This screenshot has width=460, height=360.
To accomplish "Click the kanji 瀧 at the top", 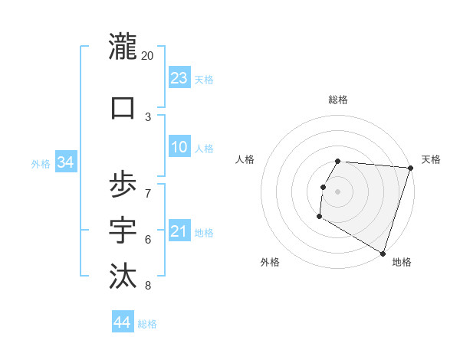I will [x=123, y=47].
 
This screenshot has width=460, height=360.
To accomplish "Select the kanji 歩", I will [x=123, y=185].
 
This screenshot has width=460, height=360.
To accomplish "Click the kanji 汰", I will [x=123, y=275].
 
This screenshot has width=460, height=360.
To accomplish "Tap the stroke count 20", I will [x=148, y=56].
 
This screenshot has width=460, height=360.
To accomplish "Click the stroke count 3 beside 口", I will [x=148, y=116].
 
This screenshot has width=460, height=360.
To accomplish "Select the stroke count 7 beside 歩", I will [x=148, y=191].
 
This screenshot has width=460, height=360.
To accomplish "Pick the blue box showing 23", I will [x=179, y=78].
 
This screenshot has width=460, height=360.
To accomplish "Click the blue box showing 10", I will [x=179, y=147].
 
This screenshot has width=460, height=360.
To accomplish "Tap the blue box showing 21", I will [x=179, y=231].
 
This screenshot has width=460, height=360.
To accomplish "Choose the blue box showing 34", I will [x=65, y=162].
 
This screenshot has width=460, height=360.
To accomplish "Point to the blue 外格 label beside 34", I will [x=41, y=163].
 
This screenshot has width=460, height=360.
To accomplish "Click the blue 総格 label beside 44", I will [x=147, y=324].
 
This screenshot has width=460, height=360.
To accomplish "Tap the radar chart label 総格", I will [x=337, y=100].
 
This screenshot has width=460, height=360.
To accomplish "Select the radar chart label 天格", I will [x=431, y=159].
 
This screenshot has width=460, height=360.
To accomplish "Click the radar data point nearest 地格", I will [x=383, y=254].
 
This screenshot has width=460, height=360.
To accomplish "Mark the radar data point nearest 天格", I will [x=410, y=168].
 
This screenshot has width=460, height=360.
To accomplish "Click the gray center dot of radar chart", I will [x=337, y=191].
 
